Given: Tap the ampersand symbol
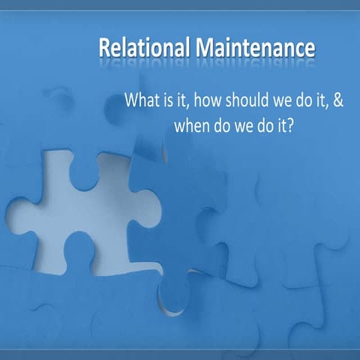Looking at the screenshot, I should [337, 100].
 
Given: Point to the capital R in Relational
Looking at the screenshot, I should [104, 48].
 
